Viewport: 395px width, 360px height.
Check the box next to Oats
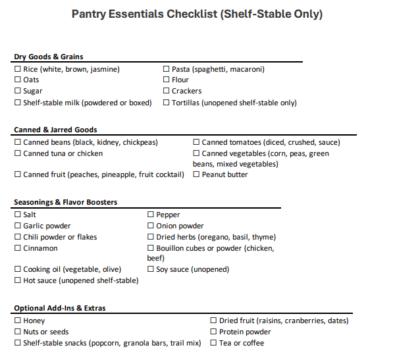(x=18, y=80)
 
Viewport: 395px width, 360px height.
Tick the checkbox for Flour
(x=167, y=80)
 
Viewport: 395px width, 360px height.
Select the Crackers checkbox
(x=167, y=91)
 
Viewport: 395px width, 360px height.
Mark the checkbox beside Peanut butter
(x=196, y=175)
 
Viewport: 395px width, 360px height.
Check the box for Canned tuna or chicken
(x=18, y=154)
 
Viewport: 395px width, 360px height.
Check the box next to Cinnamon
(x=18, y=249)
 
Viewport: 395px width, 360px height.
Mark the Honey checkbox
(x=18, y=321)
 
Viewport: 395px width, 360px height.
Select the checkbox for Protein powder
(x=213, y=332)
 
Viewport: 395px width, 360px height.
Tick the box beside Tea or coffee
(x=213, y=344)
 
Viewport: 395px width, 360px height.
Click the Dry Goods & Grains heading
(x=49, y=57)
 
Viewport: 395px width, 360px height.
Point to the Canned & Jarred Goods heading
(x=55, y=130)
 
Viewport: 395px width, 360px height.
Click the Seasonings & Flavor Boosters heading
(x=66, y=202)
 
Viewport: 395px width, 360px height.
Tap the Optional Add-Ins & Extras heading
(x=60, y=308)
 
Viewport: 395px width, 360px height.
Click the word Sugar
(x=33, y=91)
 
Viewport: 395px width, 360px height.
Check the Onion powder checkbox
(x=151, y=226)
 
